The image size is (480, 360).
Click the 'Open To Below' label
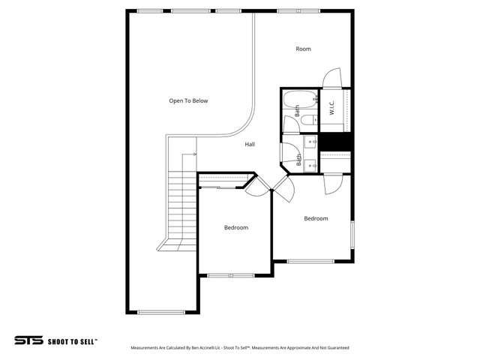click(x=188, y=100)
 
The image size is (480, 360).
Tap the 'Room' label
click(x=303, y=49)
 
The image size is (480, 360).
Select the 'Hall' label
click(x=250, y=144)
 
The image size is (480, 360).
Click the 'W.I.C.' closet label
click(x=331, y=107)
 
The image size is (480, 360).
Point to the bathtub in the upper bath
click(x=300, y=99)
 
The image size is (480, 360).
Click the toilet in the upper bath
click(x=309, y=120)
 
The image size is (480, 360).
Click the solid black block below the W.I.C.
click(x=335, y=142)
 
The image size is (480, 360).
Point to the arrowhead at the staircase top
click(x=195, y=154)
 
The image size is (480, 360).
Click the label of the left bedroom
click(x=236, y=227)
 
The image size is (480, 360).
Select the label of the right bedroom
click(x=316, y=218)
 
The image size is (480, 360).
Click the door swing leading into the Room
click(x=332, y=78)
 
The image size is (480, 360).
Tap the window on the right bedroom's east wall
click(x=352, y=235)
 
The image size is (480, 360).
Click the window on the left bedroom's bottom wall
click(x=231, y=275)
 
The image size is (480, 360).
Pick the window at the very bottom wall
click(x=161, y=312)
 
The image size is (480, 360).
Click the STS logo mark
click(x=28, y=340)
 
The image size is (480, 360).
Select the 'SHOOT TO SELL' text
click(x=73, y=342)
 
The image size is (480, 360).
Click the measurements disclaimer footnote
click(x=240, y=348)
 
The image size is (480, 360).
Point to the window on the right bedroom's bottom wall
click(x=310, y=261)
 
